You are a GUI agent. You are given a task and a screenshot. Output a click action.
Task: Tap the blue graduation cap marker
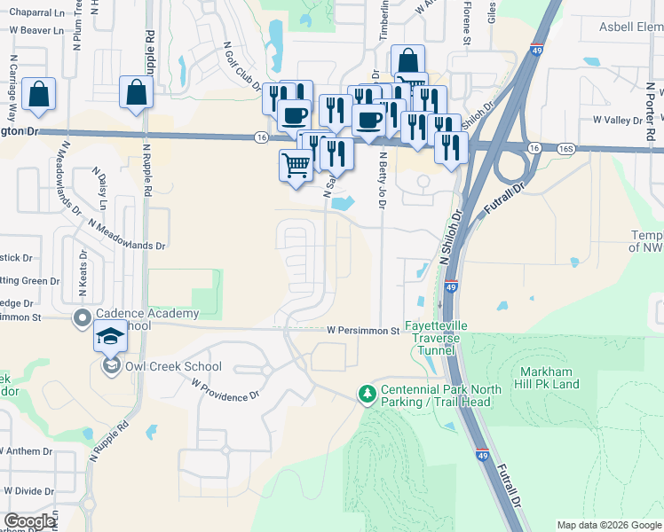coord(111,338)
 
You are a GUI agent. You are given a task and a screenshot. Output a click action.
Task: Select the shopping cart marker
coord(296,165)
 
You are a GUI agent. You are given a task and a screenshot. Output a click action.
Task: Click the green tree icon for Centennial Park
coord(365,392)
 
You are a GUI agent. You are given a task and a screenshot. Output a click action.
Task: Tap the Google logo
coord(30,521)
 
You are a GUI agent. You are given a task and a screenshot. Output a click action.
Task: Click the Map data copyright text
coord(609,525)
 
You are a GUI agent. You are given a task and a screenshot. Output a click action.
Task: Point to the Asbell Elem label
coord(626,27)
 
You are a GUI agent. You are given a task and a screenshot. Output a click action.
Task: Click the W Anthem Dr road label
coord(27,451)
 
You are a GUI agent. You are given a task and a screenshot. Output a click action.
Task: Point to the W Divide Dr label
coord(26,490)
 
